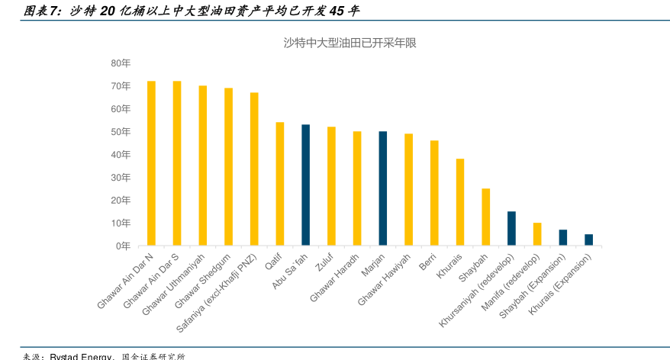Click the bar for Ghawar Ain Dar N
coord(151,163)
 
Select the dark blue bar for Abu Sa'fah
coord(305,185)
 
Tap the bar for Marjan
coord(382,188)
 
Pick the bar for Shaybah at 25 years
coord(485,217)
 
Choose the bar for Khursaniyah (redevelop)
coord(511,228)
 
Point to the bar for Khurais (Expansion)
coord(588,239)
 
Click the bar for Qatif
coord(279,184)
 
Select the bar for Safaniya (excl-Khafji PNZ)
coord(254,169)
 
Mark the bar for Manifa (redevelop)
coord(537,234)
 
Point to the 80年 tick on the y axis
coord(121,63)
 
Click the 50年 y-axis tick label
coord(121,131)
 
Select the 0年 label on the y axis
coord(123,246)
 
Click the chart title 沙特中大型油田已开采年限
coord(349,43)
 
